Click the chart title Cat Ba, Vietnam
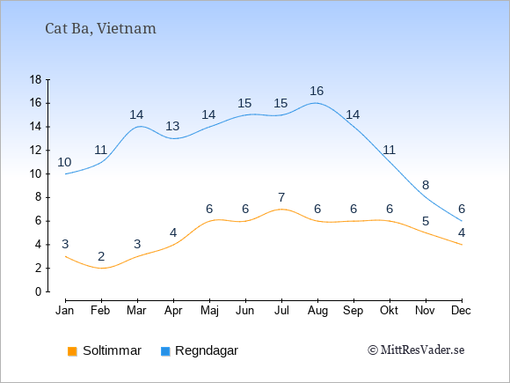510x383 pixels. tap(100, 28)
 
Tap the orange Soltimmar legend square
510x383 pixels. tap(72, 351)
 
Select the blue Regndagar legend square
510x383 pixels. tap(165, 351)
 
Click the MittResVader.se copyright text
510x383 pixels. tap(416, 350)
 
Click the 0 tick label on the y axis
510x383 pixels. tap(39, 291)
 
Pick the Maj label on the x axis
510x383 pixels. tap(209, 311)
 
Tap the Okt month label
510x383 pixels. tap(389, 311)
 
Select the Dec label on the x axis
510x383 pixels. tap(461, 311)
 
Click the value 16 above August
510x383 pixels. tap(317, 91)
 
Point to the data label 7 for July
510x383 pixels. tap(281, 197)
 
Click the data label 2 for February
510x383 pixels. tap(101, 256)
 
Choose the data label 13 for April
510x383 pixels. tap(172, 126)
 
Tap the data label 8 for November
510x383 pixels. tap(426, 185)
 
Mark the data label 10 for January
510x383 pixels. tap(64, 162)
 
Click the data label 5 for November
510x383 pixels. tap(426, 222)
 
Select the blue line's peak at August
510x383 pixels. tap(316, 103)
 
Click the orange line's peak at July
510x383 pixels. tap(281, 209)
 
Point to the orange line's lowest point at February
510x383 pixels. tap(101, 268)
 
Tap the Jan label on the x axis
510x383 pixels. tap(65, 311)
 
